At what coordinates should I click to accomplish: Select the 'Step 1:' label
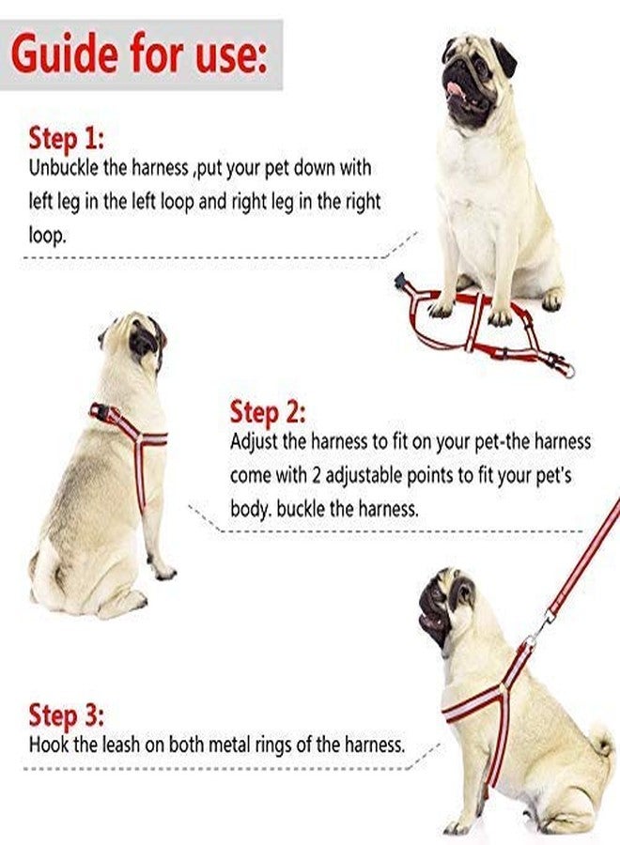click(x=66, y=139)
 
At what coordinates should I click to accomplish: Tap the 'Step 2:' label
click(x=268, y=412)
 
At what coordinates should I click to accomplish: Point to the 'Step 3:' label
click(x=66, y=714)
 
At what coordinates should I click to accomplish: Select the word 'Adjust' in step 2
click(x=254, y=442)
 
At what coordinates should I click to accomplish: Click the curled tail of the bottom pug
click(x=601, y=742)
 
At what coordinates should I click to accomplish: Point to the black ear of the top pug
click(x=504, y=58)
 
